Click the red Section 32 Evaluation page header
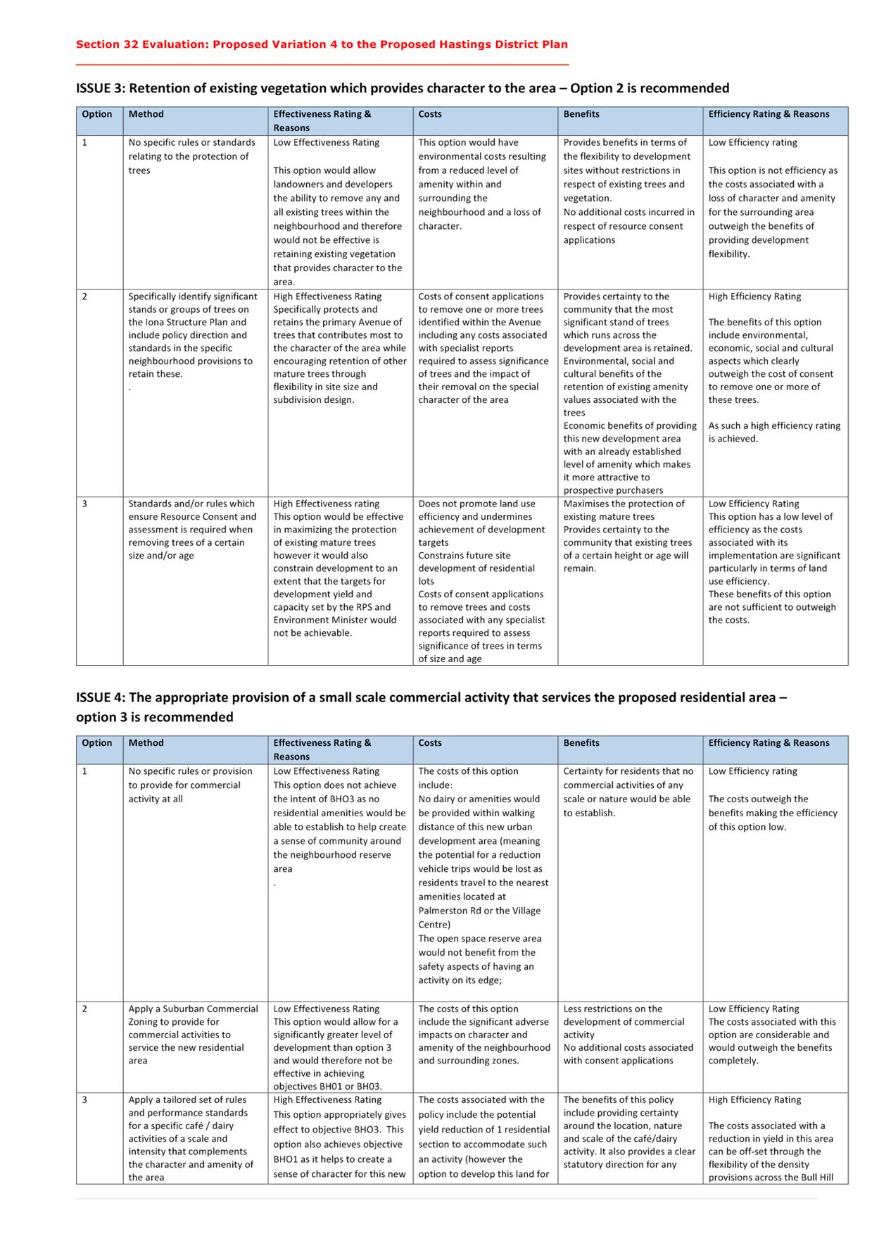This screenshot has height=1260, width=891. [322, 44]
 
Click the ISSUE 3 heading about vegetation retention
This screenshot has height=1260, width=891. [403, 88]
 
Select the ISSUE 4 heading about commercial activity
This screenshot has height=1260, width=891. [431, 706]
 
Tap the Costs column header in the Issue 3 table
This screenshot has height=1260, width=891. [430, 114]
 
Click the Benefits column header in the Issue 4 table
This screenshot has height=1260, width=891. [581, 742]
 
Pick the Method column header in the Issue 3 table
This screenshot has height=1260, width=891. [146, 114]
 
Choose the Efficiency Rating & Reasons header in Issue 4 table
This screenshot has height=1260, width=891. [769, 742]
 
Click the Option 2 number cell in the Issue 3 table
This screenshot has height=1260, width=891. [84, 297]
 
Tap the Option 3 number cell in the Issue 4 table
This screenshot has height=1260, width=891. [84, 1099]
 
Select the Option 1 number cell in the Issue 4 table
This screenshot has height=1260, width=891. [84, 771]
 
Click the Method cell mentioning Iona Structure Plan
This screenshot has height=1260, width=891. [193, 335]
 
